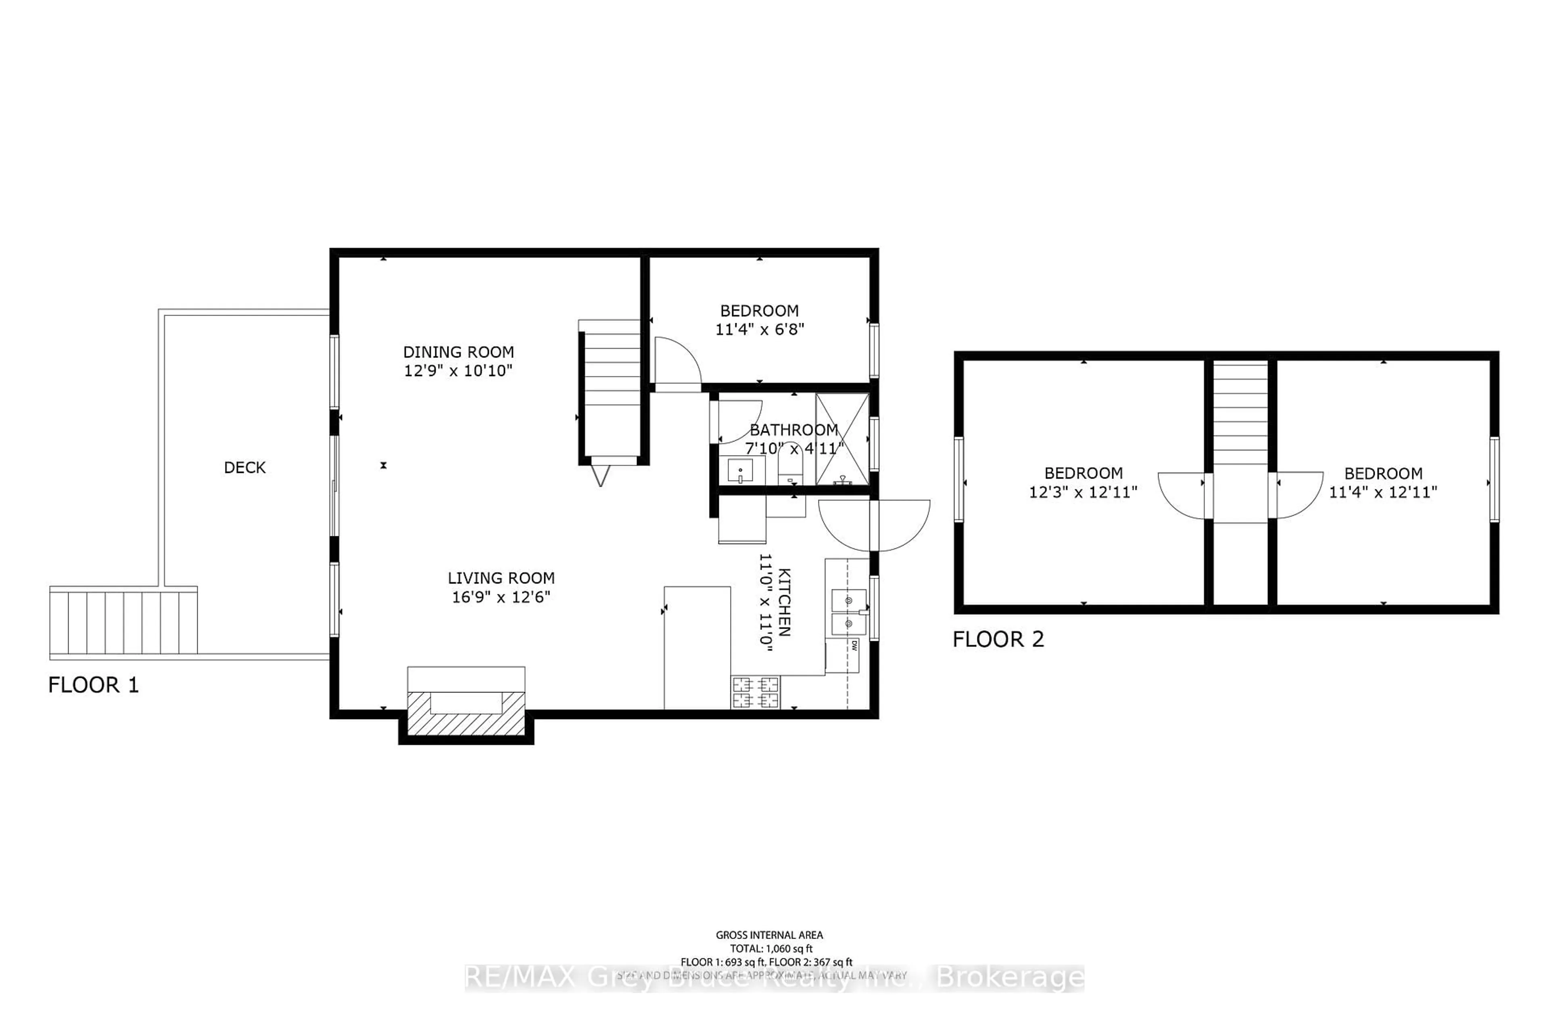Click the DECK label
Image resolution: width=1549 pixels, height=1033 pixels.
pyautogui.click(x=244, y=468)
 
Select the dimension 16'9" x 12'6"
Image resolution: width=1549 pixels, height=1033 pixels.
pyautogui.click(x=501, y=597)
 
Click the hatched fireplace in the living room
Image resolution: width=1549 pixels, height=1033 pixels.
pyautogui.click(x=466, y=713)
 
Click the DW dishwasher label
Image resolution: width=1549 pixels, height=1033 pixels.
pyautogui.click(x=854, y=646)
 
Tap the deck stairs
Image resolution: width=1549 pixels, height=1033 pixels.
pyautogui.click(x=123, y=622)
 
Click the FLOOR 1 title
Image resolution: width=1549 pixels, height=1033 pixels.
pyautogui.click(x=94, y=685)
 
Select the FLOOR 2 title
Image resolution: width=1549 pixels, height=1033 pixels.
pyautogui.click(x=998, y=639)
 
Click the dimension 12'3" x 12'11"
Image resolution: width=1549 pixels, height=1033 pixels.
pyautogui.click(x=1083, y=492)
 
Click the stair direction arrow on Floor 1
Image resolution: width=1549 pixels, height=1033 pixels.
pyautogui.click(x=600, y=475)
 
